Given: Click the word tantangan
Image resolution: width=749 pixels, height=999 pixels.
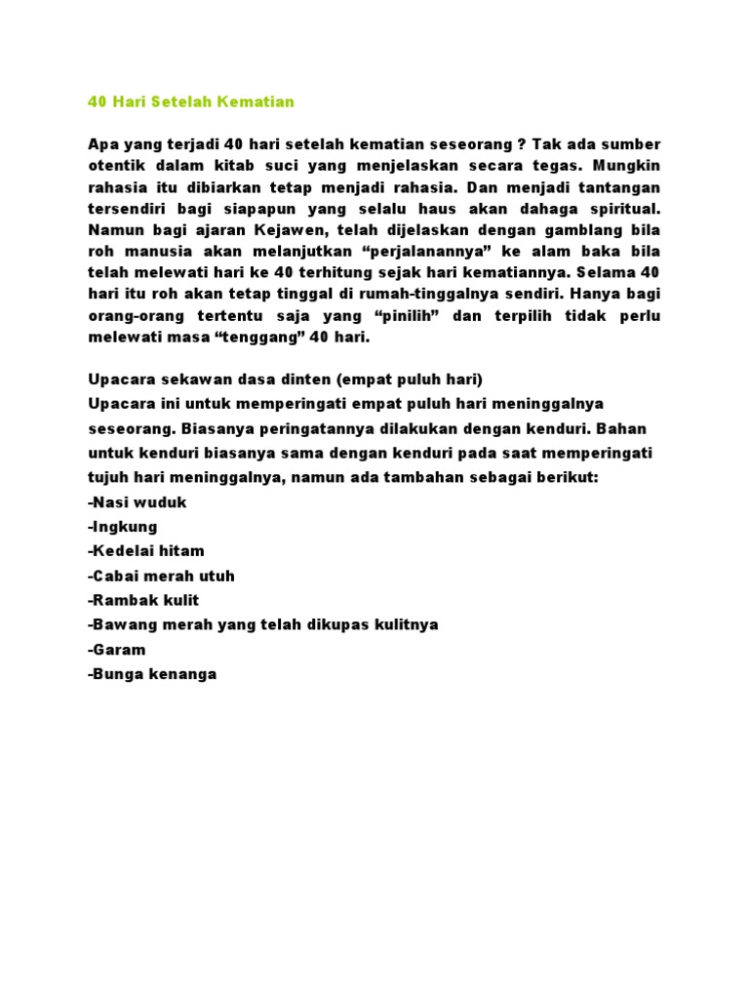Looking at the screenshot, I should tap(620, 186).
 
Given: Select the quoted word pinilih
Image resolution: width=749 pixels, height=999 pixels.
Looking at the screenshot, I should tap(388, 315).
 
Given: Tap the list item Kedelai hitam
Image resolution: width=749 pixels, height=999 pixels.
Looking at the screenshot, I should tap(146, 551).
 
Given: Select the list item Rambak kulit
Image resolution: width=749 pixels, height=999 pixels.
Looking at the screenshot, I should tap(143, 600).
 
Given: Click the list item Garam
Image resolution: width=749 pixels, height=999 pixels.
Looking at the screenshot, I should tap(116, 649).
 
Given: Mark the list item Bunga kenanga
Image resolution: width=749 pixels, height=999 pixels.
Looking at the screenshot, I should tap(151, 673).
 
